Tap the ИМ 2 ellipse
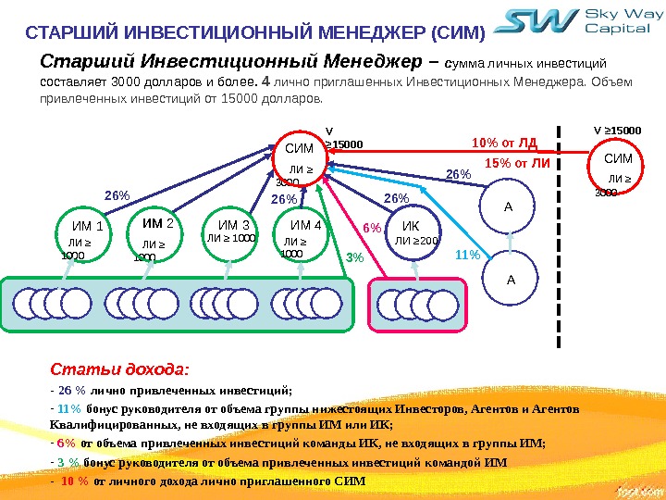[158, 236]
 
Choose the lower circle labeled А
[508, 277]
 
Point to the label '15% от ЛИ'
[517, 163]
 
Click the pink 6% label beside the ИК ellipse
[371, 227]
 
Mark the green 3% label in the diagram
[354, 258]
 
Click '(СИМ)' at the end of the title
[458, 33]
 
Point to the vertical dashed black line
[559, 231]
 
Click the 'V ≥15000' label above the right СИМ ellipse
[617, 131]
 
